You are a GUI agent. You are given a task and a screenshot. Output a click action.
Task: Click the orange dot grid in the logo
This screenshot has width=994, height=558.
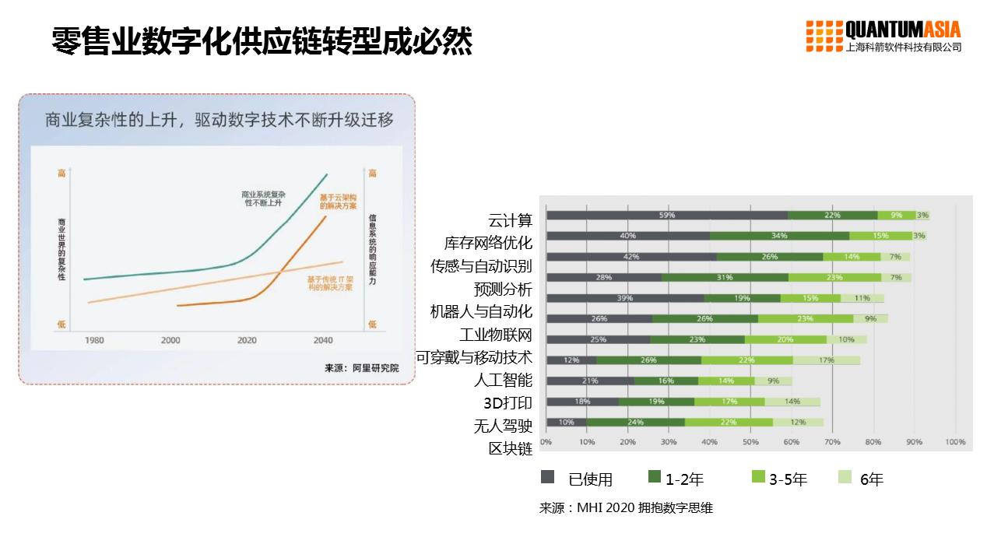(824, 36)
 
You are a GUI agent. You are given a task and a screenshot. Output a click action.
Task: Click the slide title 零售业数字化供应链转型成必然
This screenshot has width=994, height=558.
(262, 40)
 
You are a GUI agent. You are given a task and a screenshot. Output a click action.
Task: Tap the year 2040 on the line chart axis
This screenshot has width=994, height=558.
(322, 340)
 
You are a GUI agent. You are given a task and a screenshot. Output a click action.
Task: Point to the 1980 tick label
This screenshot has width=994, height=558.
(94, 340)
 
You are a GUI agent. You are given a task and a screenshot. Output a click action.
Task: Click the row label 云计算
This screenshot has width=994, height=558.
(510, 220)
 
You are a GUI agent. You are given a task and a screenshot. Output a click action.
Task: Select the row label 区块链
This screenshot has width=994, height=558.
(510, 448)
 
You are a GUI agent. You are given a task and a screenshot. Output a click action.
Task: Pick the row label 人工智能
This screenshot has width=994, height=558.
(503, 380)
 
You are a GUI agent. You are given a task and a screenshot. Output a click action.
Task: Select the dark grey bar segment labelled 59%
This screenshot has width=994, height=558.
(666, 216)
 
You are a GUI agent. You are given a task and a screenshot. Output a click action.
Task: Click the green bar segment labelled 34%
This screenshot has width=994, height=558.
(779, 236)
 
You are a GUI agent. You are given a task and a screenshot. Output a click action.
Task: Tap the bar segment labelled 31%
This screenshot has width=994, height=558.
(724, 277)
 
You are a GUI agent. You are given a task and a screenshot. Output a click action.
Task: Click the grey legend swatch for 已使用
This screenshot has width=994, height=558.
(548, 477)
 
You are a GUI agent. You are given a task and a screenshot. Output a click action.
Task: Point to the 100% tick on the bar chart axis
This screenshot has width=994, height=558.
(955, 442)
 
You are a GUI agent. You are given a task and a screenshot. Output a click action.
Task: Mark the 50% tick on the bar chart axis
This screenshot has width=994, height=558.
(750, 442)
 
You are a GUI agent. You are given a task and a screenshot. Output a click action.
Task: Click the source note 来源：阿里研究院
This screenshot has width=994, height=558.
(361, 368)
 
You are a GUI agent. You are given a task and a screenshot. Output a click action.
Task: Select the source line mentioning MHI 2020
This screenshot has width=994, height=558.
(626, 508)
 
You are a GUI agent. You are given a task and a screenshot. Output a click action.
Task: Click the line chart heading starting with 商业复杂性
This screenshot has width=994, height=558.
(219, 121)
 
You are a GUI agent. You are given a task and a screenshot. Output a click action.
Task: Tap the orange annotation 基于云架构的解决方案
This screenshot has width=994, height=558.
(338, 202)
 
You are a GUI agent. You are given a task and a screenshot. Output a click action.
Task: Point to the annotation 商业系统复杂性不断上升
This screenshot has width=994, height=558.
(263, 198)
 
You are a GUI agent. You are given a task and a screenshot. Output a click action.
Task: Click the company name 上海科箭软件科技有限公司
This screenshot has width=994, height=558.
(903, 47)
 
